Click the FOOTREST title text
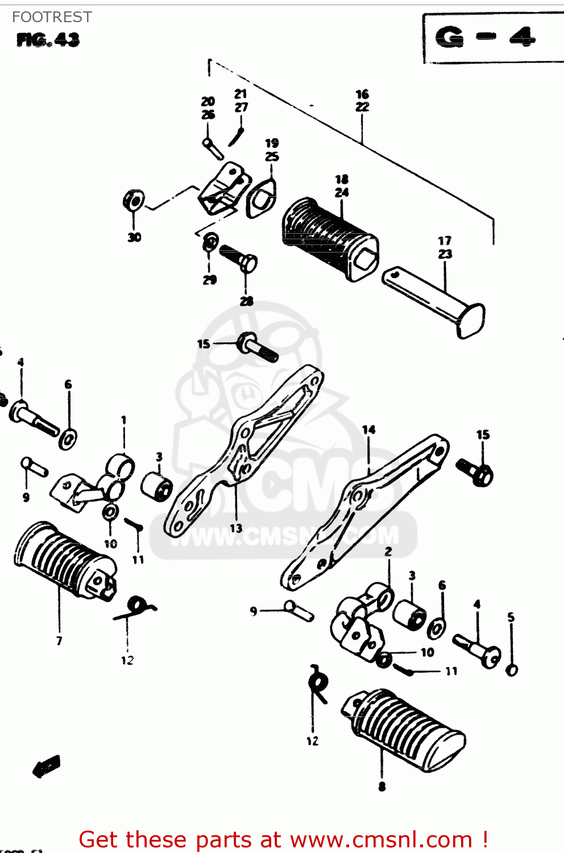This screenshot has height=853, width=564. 52,17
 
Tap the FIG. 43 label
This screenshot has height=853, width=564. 48,40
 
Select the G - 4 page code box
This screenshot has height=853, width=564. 486,38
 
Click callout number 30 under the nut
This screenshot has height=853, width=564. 134,238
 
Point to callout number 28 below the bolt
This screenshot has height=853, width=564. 246,301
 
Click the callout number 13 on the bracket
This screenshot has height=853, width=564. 236,528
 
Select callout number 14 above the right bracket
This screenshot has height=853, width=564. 369,430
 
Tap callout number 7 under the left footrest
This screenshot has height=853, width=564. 59,641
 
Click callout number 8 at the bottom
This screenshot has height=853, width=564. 381,787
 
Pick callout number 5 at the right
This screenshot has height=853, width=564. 511,617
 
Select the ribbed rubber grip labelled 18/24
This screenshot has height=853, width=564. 330,239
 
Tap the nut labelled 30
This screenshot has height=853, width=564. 134,201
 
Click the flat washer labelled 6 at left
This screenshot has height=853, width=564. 69,438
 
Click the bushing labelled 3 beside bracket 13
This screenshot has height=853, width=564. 157,485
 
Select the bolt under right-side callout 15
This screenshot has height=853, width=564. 475,472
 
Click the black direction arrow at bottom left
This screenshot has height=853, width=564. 47,765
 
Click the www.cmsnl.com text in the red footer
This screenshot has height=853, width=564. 381,840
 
